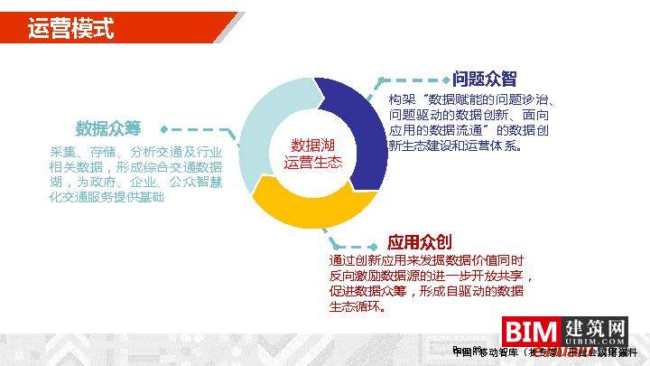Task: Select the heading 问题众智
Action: click(x=484, y=79)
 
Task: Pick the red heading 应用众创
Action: click(x=419, y=242)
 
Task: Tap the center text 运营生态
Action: click(x=313, y=163)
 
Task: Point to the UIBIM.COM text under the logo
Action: click(x=594, y=343)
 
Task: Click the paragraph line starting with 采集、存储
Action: click(x=135, y=151)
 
